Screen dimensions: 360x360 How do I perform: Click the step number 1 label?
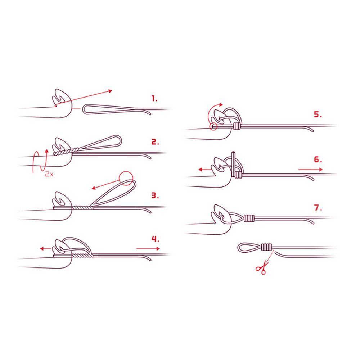tap(154, 99)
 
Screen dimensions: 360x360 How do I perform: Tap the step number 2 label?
tap(155, 142)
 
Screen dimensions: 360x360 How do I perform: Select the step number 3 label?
tap(155, 195)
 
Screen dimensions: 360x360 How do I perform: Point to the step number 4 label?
tap(156, 239)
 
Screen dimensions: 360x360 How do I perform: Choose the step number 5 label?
tap(318, 114)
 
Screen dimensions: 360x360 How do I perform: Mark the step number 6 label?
tap(318, 159)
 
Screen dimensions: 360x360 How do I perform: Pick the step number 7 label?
tap(318, 208)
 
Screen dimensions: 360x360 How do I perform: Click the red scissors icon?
tap(262, 268)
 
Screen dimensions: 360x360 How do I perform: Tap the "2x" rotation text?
tap(49, 174)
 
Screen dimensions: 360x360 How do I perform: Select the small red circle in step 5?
tap(213, 126)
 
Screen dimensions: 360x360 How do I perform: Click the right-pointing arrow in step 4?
tap(148, 249)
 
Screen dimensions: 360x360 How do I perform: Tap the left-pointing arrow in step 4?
tap(45, 249)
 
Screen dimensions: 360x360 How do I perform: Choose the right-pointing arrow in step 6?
tap(311, 170)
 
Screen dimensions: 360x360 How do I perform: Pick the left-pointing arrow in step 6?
tap(204, 170)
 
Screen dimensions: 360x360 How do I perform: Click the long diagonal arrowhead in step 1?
tap(111, 91)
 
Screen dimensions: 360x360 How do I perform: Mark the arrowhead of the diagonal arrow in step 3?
tap(94, 188)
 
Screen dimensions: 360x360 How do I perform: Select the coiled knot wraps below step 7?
tap(266, 247)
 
